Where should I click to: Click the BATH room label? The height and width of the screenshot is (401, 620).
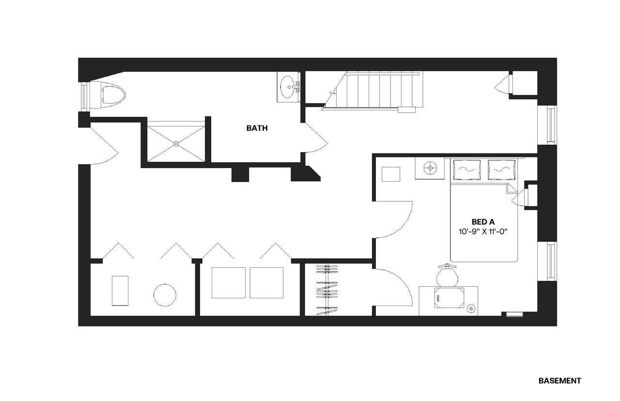click(x=257, y=128)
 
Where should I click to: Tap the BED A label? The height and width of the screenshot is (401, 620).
click(x=483, y=222)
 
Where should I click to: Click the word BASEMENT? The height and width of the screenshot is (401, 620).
click(x=559, y=381)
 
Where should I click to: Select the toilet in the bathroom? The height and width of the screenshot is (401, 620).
click(x=111, y=94)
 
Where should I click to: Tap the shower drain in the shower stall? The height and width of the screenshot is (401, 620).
click(x=176, y=143)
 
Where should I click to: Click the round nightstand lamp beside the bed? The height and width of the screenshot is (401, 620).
click(x=430, y=168)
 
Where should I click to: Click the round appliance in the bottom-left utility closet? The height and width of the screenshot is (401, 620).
click(x=165, y=294)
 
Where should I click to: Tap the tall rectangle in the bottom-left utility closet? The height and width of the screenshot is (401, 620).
click(x=120, y=291)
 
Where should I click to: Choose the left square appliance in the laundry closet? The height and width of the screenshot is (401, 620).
click(x=229, y=283)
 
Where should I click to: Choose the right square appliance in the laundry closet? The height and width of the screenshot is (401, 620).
click(x=266, y=283)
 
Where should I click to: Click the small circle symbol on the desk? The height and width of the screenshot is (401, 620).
click(x=470, y=308)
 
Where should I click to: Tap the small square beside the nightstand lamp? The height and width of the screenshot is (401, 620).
click(x=390, y=174)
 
